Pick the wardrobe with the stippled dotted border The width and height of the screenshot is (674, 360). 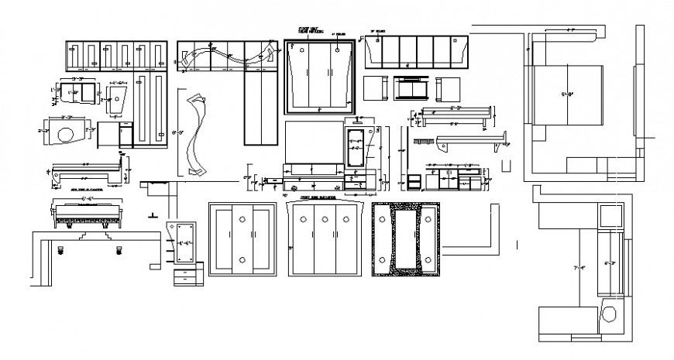(x=405, y=238)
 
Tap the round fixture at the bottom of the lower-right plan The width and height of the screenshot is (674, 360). (x=610, y=316)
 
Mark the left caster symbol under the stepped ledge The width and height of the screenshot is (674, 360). (x=61, y=250)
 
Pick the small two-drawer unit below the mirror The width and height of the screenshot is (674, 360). (x=188, y=276)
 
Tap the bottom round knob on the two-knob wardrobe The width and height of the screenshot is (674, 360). (x=242, y=260)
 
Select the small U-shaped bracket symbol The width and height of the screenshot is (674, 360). (x=507, y=165)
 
